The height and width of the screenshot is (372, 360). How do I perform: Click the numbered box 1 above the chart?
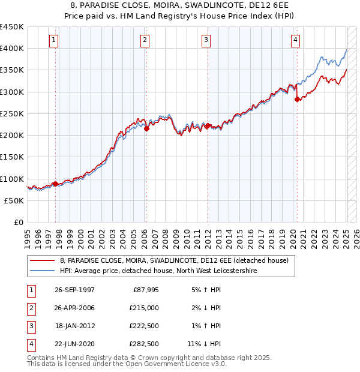point(54,40)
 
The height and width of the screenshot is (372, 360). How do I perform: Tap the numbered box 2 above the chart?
point(145,40)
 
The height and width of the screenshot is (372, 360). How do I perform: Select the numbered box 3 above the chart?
point(206,40)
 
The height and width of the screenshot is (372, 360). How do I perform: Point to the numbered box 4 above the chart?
point(296,40)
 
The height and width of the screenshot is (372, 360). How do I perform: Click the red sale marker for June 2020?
point(297,100)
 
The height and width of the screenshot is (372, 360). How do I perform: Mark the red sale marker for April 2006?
point(146,128)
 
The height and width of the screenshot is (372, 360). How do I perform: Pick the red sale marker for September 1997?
point(55,184)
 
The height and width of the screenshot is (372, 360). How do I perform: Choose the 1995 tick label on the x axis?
point(28,236)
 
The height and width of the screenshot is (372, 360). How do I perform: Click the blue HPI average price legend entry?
point(158,271)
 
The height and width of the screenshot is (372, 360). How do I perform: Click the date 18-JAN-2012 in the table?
point(75,326)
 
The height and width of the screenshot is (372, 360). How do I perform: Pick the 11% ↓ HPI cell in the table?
point(204,344)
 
